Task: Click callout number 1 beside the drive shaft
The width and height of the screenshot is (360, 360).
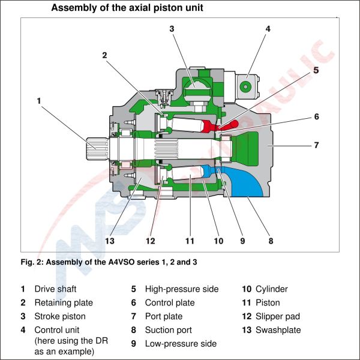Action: [39, 101]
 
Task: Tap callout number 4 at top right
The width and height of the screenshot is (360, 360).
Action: [268, 28]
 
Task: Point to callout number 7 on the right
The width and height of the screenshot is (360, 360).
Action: [316, 145]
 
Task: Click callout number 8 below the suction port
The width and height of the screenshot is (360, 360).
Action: [271, 241]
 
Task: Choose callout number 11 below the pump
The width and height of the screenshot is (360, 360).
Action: [190, 241]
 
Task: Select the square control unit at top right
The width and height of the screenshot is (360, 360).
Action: [245, 86]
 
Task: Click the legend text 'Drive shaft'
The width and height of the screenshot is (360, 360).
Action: [56, 289]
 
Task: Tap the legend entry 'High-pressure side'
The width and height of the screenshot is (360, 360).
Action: [181, 289]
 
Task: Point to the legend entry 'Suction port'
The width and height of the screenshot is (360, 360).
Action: [168, 330]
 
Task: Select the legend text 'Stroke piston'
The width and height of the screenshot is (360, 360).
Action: [59, 316]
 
